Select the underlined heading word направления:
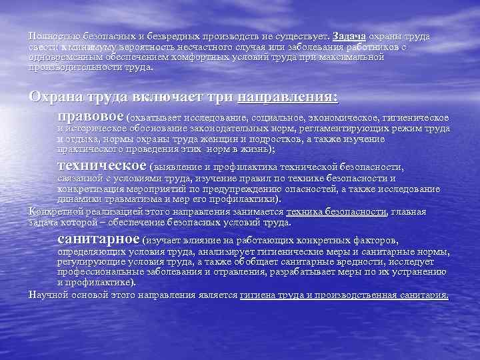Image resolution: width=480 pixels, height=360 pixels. pyautogui.click(x=288, y=96)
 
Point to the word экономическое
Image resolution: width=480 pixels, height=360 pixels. pyautogui.click(x=338, y=118)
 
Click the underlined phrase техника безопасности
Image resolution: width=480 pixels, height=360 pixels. pyautogui.click(x=335, y=211)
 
